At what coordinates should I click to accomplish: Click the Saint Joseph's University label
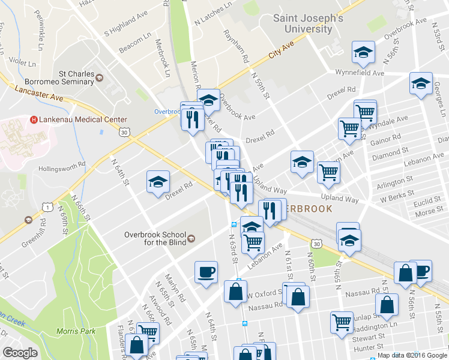pyautogui.click(x=308, y=23)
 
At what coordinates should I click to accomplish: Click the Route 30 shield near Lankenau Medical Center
pyautogui.click(x=124, y=130)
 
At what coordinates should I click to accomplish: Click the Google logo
pyautogui.click(x=20, y=353)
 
